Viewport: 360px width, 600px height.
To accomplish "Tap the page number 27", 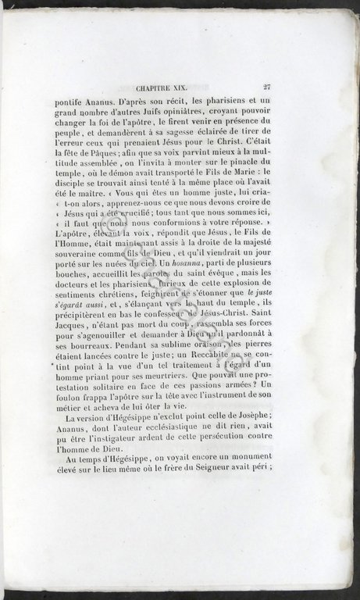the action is [267, 88].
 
